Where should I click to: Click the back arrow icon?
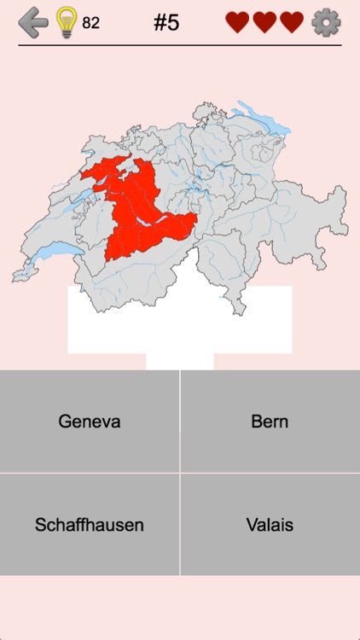(x=33, y=22)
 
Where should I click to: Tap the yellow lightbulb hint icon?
(x=66, y=23)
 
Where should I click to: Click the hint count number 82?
(x=90, y=23)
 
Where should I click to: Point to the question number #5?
(x=166, y=22)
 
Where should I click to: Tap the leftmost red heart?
(x=237, y=23)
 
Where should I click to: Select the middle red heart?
(x=264, y=23)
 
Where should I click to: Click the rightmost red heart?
(x=292, y=23)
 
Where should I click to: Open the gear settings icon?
(x=326, y=22)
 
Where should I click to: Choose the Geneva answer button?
(x=90, y=422)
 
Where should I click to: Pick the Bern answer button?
(x=270, y=422)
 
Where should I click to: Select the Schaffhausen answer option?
(x=90, y=525)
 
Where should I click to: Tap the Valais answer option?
(x=270, y=525)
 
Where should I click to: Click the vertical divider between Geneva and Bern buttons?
(x=180, y=422)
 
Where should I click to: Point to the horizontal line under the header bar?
(x=180, y=45)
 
